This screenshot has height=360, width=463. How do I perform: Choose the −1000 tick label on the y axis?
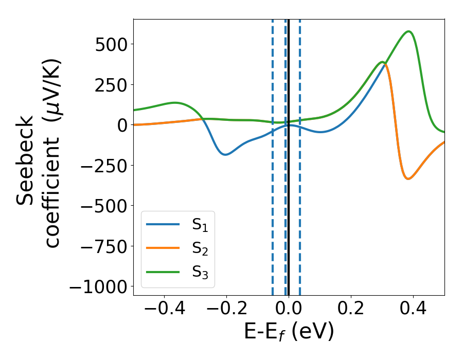(x=97, y=286)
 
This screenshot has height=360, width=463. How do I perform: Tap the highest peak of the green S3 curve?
(x=409, y=31)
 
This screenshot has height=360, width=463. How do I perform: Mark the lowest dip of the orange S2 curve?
(x=408, y=178)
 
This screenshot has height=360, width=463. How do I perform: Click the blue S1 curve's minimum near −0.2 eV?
(x=225, y=154)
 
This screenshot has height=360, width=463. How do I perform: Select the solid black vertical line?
(x=289, y=206)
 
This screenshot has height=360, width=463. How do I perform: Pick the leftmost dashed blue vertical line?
(x=273, y=206)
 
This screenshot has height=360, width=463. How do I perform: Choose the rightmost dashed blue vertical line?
(x=300, y=206)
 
